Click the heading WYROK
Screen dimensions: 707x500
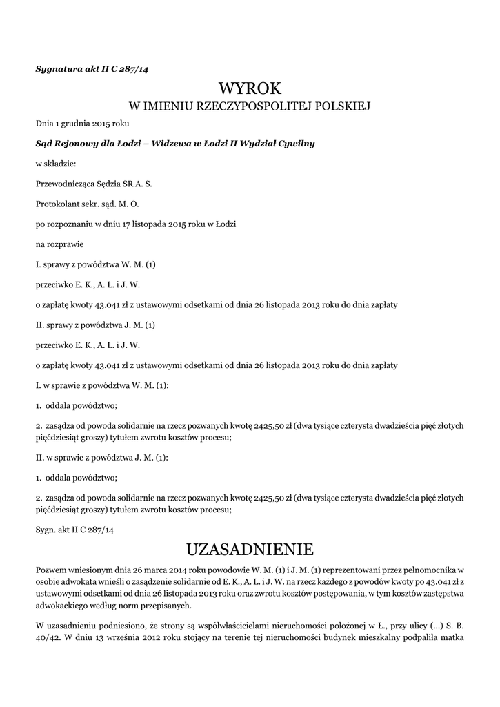coord(250,88)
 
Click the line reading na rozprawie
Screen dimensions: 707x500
coord(59,244)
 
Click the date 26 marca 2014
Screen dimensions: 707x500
coord(149,568)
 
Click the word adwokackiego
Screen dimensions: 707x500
coord(67,605)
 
